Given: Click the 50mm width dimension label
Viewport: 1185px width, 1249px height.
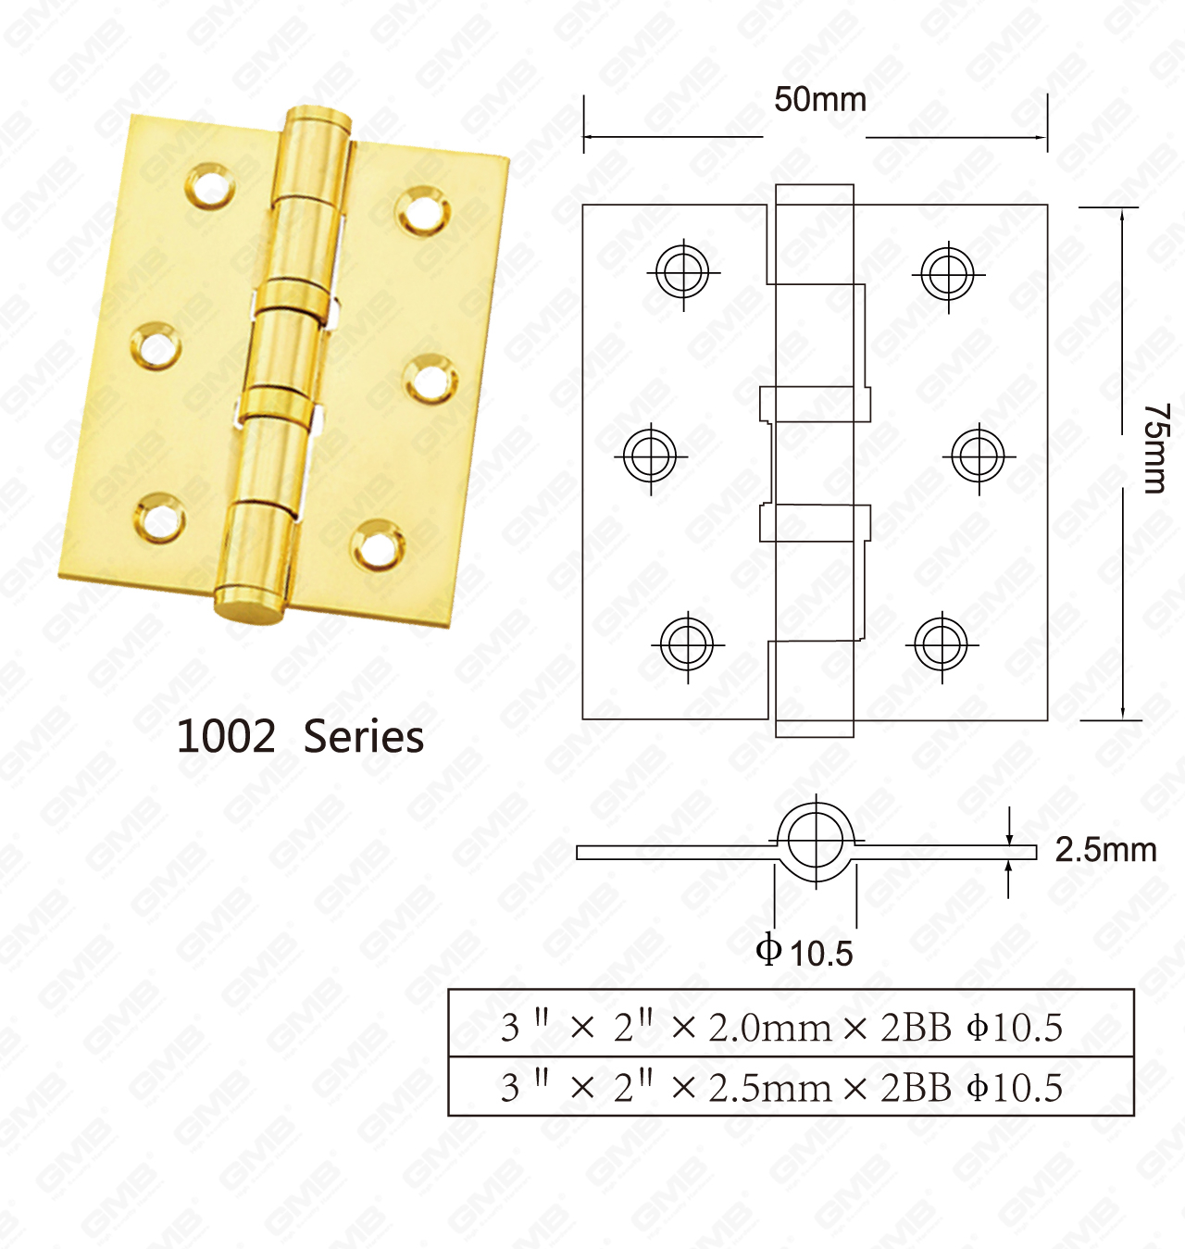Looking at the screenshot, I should [x=819, y=99].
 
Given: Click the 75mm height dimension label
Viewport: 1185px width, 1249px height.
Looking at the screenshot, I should [x=1154, y=448].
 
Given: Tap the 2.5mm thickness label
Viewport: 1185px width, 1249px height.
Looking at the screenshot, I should [x=1105, y=850].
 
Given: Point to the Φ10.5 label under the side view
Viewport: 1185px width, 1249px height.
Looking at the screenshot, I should [x=804, y=952].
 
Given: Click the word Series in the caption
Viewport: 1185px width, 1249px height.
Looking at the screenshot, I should [x=364, y=737].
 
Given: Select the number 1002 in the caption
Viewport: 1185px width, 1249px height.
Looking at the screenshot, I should [x=226, y=737].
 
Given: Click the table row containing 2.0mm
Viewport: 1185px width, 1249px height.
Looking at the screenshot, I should [x=790, y=1026].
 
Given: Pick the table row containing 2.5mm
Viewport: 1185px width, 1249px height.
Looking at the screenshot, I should [x=790, y=1087].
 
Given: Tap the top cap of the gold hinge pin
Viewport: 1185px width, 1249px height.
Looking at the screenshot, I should [x=318, y=119].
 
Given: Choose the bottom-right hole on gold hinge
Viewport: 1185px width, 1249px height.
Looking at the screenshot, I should [x=378, y=545].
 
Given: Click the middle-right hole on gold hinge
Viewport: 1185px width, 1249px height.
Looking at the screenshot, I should [x=430, y=380].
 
